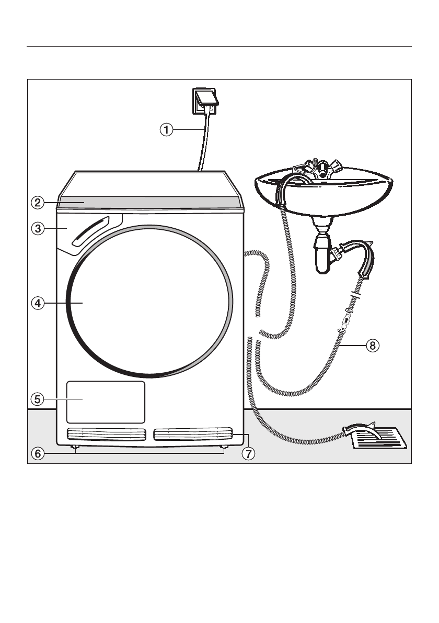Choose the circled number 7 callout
pos(248,454)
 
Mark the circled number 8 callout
pos(372,346)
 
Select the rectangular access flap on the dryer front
pos(105,402)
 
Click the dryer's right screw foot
pos(224,447)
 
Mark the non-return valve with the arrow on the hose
pos(345,318)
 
